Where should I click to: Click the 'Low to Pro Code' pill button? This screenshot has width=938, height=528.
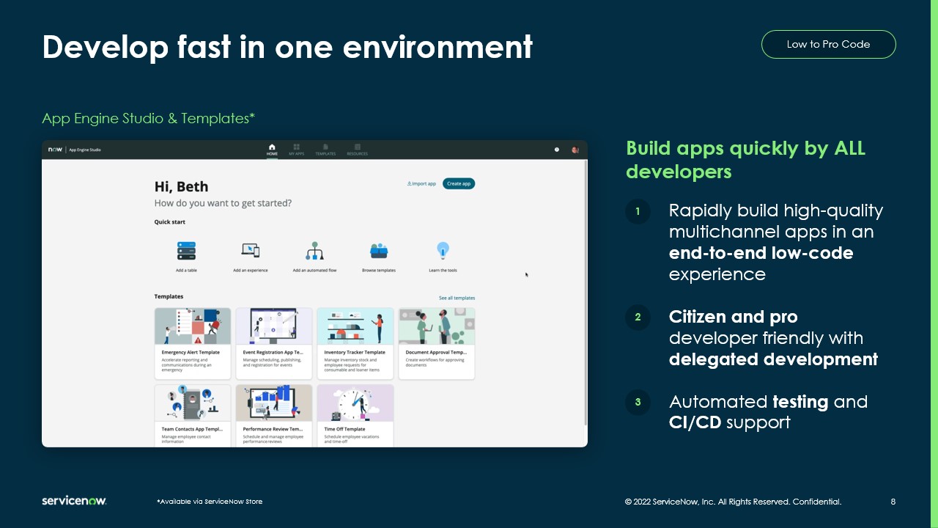tap(828, 44)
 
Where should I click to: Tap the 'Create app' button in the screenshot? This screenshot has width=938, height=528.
tap(459, 183)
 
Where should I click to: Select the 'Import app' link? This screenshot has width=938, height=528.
tap(421, 183)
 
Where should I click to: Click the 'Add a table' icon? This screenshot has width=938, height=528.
tap(186, 252)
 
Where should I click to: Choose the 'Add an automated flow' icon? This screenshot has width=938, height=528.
tap(315, 252)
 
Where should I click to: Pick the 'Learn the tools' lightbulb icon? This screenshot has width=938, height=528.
tap(443, 251)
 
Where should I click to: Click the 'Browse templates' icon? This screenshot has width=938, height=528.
tap(379, 251)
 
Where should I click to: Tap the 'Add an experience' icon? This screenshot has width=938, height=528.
tap(251, 251)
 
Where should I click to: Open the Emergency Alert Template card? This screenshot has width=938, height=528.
tap(193, 343)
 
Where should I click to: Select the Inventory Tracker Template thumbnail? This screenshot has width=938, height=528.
tap(355, 326)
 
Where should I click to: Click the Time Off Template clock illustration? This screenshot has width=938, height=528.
tap(355, 403)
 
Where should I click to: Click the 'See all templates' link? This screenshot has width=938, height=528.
tap(457, 298)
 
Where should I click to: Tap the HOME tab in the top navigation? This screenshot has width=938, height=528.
tap(272, 150)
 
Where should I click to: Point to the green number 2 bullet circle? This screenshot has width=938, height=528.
tap(638, 318)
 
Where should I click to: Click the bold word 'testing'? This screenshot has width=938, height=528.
tap(800, 402)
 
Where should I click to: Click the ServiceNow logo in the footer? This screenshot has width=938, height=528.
tap(74, 501)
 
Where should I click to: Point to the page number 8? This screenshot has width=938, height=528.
tap(893, 502)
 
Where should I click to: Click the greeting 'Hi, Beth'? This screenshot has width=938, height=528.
tap(181, 187)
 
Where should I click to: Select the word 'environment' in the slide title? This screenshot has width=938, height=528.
tap(437, 48)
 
